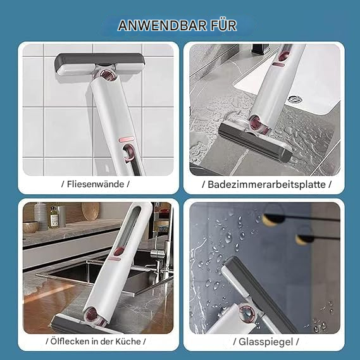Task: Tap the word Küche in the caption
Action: point(132,341)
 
